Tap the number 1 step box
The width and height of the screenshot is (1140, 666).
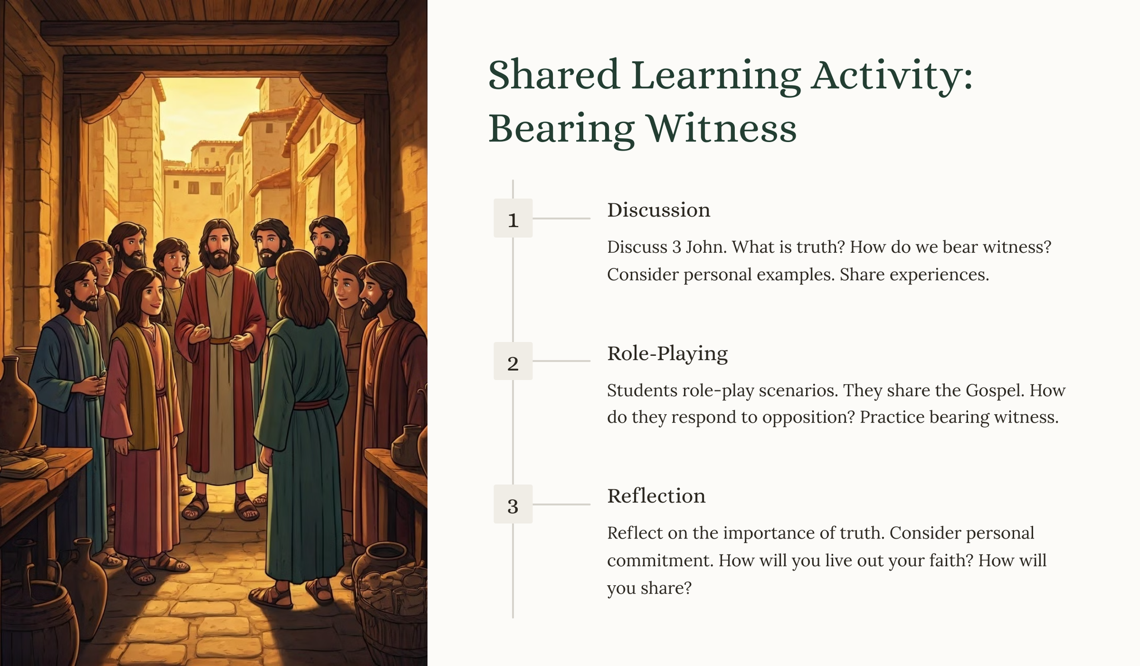coord(513,218)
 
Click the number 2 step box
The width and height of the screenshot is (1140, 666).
coord(513,361)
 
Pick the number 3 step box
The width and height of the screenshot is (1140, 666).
coord(513,504)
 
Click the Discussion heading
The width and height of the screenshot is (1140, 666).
coord(659,210)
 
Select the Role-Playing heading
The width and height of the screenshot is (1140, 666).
coord(667,354)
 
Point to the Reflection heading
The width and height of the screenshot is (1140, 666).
coord(656,496)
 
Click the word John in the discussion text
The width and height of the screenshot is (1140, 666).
coord(706,247)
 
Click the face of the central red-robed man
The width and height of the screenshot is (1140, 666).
coord(219,247)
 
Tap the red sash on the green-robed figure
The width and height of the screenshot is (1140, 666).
coord(311,404)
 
